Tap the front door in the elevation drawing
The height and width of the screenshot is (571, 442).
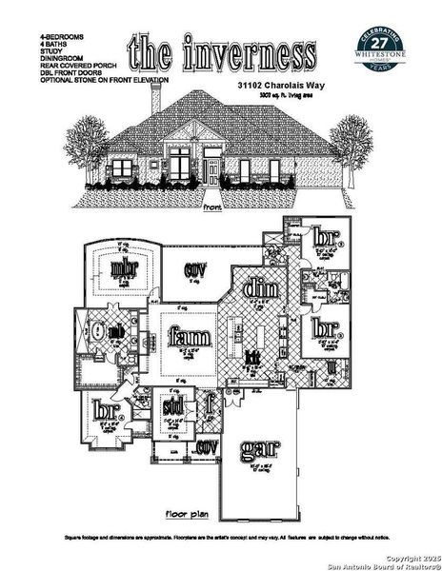tap(211, 172)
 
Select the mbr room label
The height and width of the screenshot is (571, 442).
tap(122, 268)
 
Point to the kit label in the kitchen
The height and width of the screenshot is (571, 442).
tap(252, 357)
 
